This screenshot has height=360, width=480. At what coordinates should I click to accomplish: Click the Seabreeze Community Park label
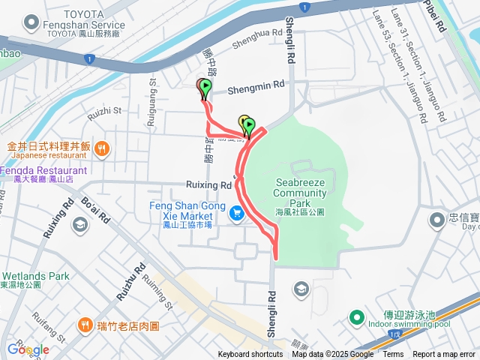[300, 193]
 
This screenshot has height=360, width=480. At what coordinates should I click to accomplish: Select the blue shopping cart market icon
[237, 214]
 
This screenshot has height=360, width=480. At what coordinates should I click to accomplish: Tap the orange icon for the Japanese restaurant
[103, 148]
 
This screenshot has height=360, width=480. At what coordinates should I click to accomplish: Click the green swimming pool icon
[357, 317]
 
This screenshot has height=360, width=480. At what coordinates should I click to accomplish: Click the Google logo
[28, 349]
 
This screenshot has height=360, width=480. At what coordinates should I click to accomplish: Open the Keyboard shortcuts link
[250, 355]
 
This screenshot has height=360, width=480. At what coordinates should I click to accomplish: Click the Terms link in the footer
[394, 355]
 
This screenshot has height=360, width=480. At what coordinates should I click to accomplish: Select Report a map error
[444, 355]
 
